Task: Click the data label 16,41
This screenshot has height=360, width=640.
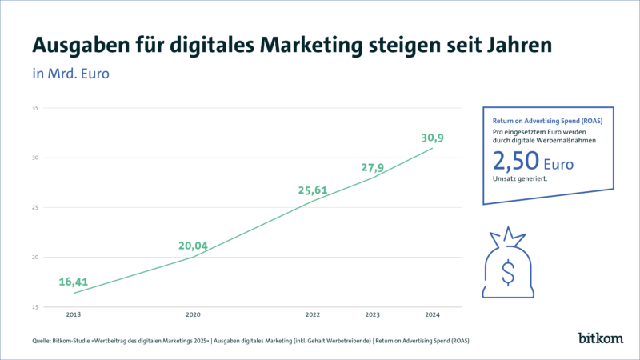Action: [x=73, y=282]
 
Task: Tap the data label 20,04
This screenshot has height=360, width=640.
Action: [x=193, y=246]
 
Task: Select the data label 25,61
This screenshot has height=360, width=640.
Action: [x=312, y=190]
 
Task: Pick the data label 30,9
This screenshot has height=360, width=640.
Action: [x=433, y=138]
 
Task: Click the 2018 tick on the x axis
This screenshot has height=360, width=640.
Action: [x=74, y=314]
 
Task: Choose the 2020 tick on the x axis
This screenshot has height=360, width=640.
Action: [x=193, y=314]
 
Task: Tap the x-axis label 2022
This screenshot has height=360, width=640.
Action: [x=313, y=314]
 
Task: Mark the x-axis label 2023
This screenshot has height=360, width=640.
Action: [x=373, y=314]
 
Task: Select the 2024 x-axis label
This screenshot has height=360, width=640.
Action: [x=433, y=314]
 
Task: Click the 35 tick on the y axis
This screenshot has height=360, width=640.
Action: [x=35, y=107]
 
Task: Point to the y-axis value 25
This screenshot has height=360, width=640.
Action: [x=35, y=207]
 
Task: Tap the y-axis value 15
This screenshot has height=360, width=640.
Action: [x=35, y=307]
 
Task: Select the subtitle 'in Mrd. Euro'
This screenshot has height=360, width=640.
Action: [x=70, y=74]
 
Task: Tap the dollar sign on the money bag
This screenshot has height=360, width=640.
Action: [x=507, y=271]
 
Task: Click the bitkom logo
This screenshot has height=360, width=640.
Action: [x=601, y=338]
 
